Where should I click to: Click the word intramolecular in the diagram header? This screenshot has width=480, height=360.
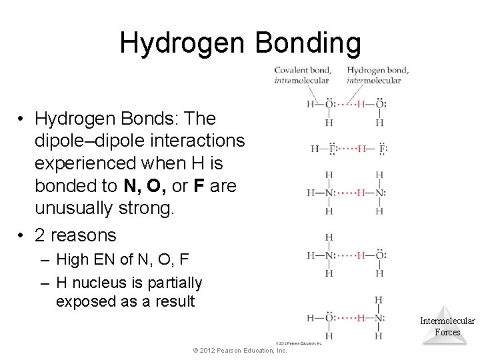[x=301, y=81]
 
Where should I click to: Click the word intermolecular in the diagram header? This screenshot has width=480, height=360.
[x=374, y=81]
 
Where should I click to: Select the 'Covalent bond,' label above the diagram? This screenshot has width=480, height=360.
[x=301, y=70]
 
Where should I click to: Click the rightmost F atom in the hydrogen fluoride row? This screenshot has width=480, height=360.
[x=383, y=148]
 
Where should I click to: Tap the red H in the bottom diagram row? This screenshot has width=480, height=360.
[x=361, y=317]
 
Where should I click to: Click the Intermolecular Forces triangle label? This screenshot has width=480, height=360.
[x=447, y=326]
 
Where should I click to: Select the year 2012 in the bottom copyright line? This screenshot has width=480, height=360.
[x=204, y=350]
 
